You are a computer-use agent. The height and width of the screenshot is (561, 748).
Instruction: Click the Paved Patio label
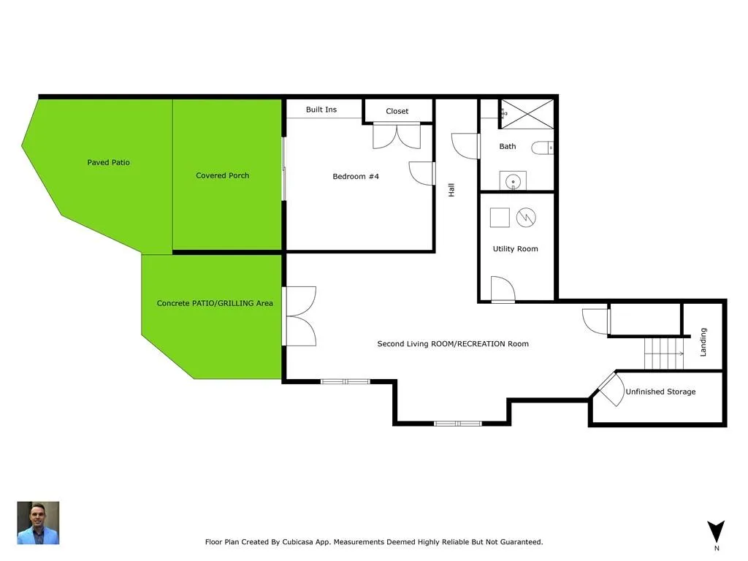coord(108,162)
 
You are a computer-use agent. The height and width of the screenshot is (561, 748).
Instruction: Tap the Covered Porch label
coord(222,175)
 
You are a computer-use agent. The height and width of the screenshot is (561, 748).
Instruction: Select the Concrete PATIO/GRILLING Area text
coord(215,303)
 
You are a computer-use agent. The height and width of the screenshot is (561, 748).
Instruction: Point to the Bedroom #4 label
coord(356,176)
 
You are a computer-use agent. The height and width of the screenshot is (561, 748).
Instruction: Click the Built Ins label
coord(321,110)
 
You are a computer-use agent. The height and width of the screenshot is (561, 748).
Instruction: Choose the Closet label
coord(397,111)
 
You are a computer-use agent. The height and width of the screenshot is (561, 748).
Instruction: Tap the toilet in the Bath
coord(543,148)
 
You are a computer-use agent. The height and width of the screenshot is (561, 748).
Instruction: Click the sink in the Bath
coord(513,181)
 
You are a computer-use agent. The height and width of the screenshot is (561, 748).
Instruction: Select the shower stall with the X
coord(527,114)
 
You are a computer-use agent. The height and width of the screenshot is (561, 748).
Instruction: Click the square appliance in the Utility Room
coord(500,218)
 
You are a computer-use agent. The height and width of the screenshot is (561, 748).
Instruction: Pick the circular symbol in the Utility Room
coord(526,218)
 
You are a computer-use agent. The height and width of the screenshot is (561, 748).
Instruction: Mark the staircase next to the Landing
coord(664,354)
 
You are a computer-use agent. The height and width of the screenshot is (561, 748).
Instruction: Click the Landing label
coord(703,342)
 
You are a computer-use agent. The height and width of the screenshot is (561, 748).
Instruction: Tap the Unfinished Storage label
coord(660,392)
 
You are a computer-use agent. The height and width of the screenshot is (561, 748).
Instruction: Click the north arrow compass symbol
coord(716,532)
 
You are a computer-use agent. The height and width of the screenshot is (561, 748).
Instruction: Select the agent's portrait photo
coord(38,523)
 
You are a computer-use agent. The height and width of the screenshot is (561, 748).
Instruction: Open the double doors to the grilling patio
coord(299,316)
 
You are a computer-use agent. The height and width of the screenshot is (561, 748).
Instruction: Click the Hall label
coord(451,190)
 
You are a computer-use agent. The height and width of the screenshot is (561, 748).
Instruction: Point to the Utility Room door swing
coord(503,289)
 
